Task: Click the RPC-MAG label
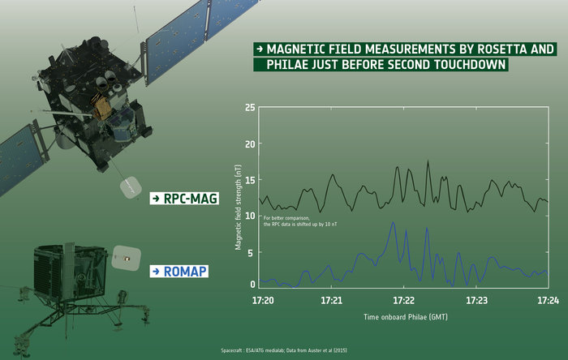[184, 197]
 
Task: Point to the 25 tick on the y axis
[251, 108]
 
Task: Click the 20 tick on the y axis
[251, 144]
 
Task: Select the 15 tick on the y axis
[251, 180]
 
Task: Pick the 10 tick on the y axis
[251, 216]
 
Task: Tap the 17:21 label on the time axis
[331, 300]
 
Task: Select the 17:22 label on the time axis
[403, 300]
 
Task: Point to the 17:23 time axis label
[476, 300]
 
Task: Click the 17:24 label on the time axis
[548, 300]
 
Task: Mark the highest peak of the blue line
[394, 223]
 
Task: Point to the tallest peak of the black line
[428, 161]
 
